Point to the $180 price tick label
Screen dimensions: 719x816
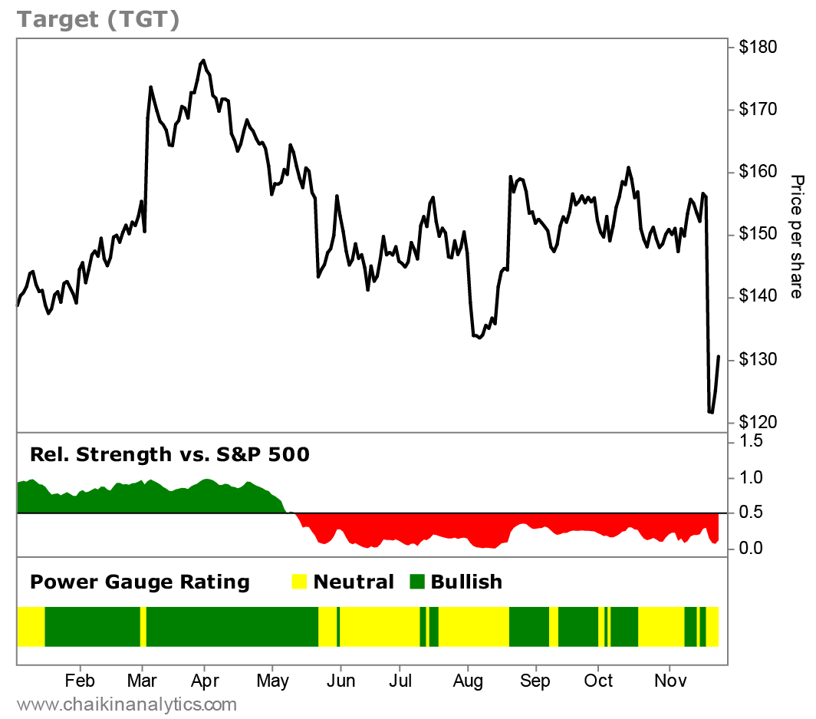(758, 48)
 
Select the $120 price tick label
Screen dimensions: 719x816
(758, 422)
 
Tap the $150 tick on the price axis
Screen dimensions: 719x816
(758, 234)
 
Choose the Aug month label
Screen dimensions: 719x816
(468, 681)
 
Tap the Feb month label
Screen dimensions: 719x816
(79, 681)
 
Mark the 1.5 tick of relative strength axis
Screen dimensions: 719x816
(752, 441)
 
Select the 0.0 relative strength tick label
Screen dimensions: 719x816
(752, 548)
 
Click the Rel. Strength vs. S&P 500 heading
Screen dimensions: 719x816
(169, 454)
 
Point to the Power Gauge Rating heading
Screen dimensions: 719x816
(140, 582)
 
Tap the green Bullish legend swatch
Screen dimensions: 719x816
(419, 582)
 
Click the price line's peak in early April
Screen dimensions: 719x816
(202, 60)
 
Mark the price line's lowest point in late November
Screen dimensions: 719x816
(711, 413)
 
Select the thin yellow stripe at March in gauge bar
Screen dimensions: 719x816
(143, 626)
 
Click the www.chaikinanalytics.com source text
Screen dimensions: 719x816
(127, 704)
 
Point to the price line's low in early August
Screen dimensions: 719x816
(480, 338)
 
